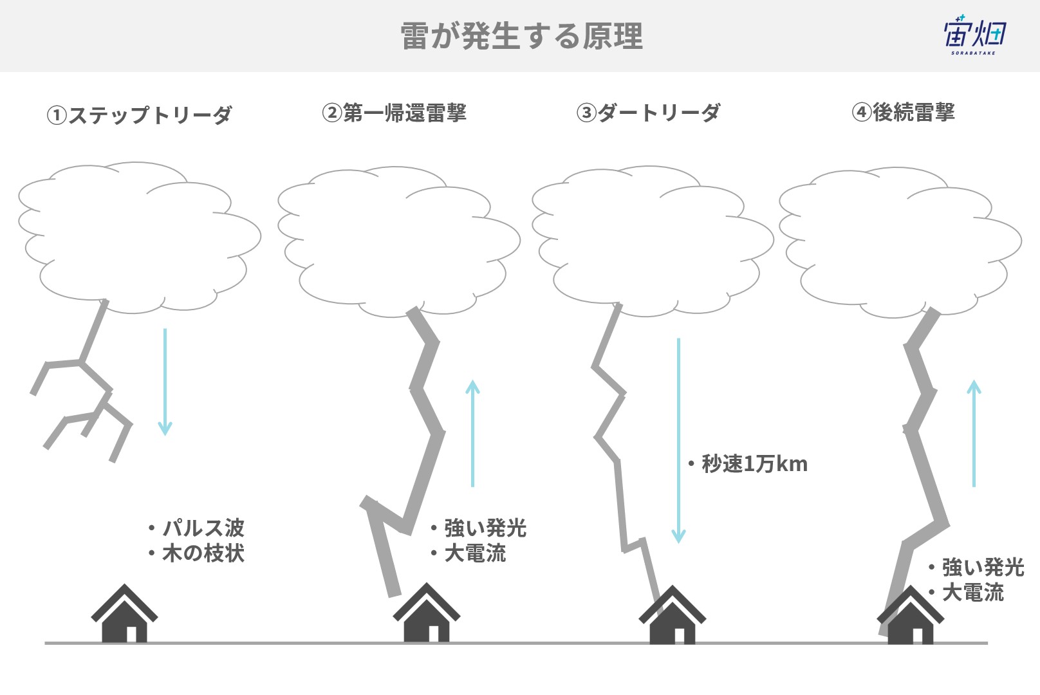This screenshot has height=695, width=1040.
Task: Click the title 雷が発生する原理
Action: (x=521, y=36)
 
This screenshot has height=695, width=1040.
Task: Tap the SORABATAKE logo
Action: (x=974, y=35)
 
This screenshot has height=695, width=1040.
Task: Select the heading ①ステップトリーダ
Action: (x=139, y=115)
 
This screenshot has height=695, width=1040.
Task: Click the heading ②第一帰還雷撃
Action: (x=394, y=113)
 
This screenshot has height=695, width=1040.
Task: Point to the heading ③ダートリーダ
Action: (x=649, y=113)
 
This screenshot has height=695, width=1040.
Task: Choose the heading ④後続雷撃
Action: (x=903, y=113)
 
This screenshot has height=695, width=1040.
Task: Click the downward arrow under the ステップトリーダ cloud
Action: (x=165, y=382)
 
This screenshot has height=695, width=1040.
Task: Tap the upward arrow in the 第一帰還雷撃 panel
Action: (x=472, y=433)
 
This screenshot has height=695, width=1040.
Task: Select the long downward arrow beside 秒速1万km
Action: (x=678, y=440)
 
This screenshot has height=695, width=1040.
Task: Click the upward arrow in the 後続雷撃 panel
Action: (x=974, y=433)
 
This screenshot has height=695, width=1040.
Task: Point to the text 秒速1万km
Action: (x=754, y=464)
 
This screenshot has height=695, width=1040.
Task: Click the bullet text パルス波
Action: (x=203, y=528)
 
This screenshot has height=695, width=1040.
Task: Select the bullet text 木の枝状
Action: (x=203, y=553)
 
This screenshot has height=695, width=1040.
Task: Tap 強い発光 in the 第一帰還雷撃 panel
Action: (x=485, y=528)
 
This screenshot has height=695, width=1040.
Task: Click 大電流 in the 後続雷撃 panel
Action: (x=973, y=593)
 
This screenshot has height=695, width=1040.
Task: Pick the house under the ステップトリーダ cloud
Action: (x=124, y=613)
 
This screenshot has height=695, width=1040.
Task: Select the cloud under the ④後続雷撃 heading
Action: (x=900, y=241)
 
